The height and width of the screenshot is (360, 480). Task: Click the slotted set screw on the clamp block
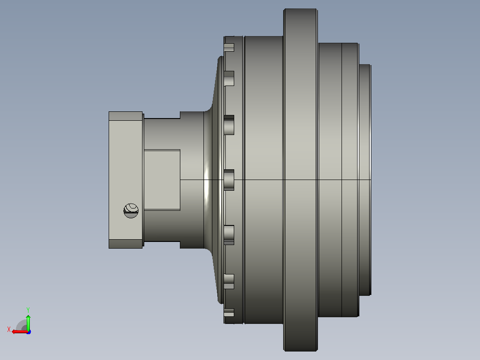point(131,211)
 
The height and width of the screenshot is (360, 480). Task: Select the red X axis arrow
point(20,331)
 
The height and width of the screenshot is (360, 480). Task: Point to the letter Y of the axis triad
point(28,310)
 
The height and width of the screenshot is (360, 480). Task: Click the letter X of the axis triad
point(9,329)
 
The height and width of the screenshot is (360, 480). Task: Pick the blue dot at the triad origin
point(28,332)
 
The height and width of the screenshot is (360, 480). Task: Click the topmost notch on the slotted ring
point(229,48)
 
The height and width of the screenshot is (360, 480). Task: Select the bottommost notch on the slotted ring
point(229,312)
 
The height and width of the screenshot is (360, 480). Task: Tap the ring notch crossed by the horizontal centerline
point(229,180)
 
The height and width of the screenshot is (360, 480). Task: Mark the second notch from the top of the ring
point(229,78)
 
